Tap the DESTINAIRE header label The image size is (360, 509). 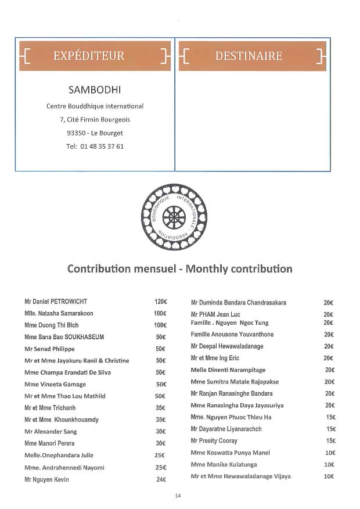point(249,56)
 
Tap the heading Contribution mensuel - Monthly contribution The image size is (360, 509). point(180,269)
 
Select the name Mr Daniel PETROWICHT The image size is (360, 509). point(56,302)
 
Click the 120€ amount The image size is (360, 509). point(160,302)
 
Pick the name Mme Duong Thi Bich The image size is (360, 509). point(52,325)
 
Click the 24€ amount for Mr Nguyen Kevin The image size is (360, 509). point(161,479)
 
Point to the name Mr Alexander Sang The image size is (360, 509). point(51,432)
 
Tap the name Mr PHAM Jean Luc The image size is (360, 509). point(215,314)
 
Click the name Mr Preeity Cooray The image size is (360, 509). point(214,441)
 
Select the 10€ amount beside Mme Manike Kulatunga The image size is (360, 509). point(329,465)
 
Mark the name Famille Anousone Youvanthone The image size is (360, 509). point(232,335)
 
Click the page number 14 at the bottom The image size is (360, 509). point(178,496)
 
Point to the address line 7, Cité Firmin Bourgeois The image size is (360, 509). point(95,120)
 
